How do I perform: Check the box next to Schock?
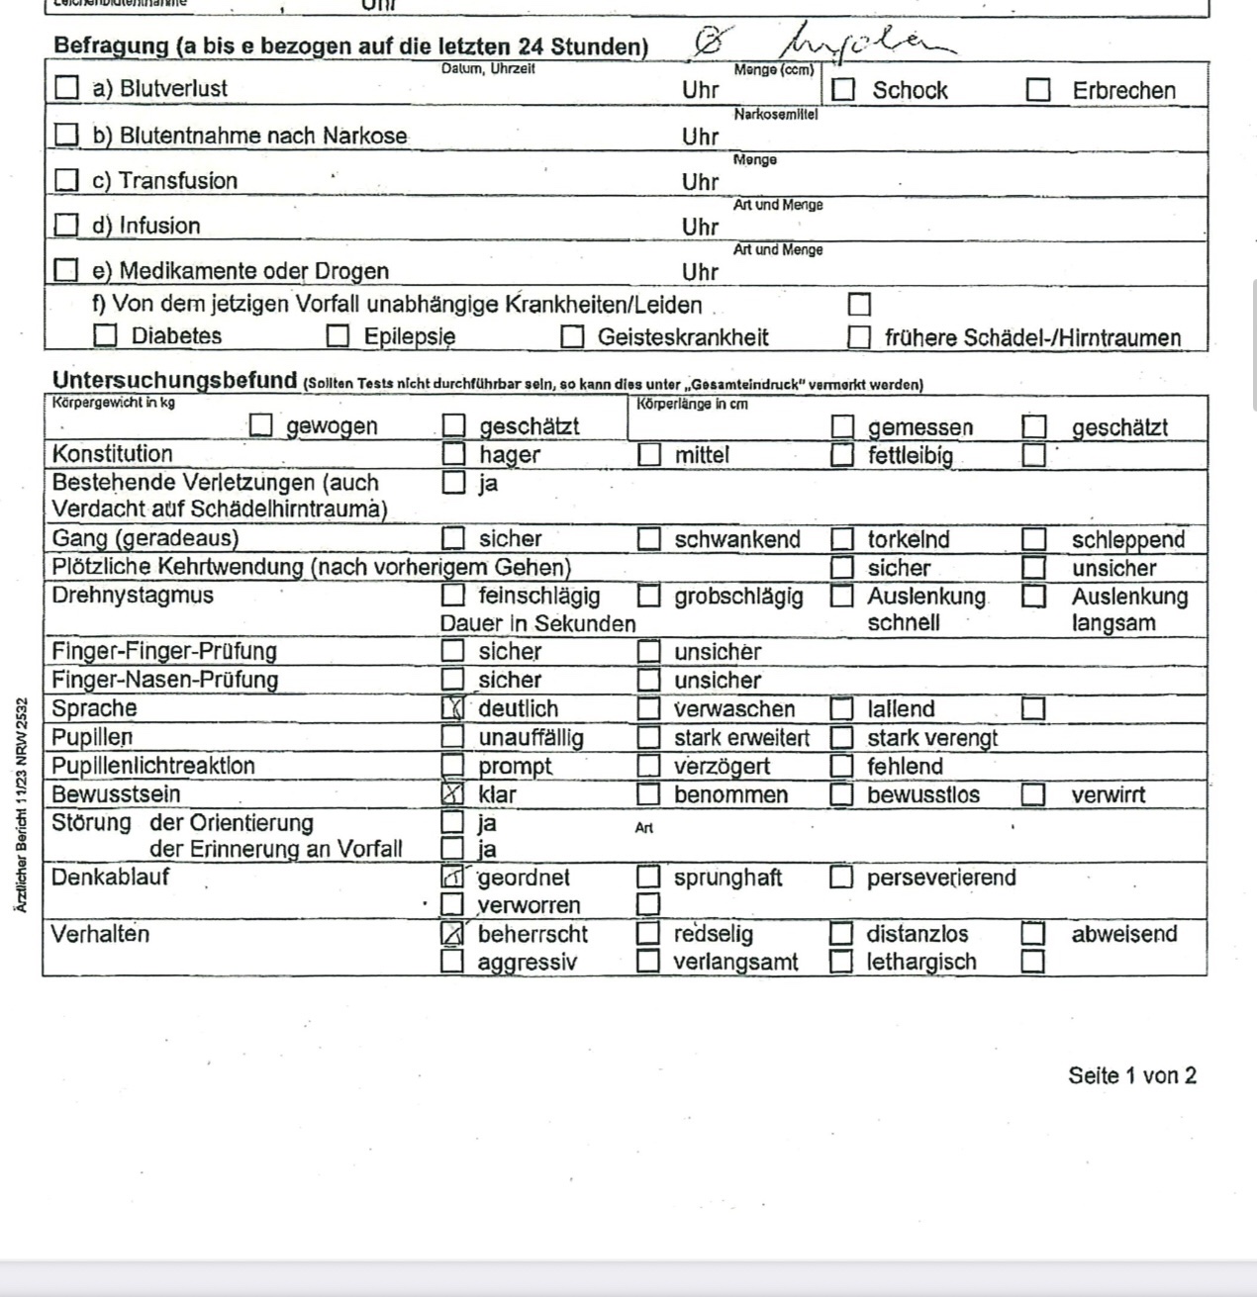point(843,89)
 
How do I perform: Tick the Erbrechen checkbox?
point(1037,89)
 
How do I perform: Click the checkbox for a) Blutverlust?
point(66,87)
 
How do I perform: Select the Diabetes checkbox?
point(105,335)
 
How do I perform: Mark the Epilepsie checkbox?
point(338,335)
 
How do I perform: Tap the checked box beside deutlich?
point(452,707)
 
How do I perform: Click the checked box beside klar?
point(452,793)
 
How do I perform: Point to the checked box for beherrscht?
point(452,933)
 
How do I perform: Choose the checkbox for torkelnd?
point(841,539)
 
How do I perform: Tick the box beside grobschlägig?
point(648,596)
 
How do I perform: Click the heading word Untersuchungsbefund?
point(174,380)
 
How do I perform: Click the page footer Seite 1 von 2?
point(1131,1075)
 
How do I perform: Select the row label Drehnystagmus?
point(133,596)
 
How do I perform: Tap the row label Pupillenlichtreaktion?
point(153,766)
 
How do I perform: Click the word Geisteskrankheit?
point(683,336)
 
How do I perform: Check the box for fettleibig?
point(841,455)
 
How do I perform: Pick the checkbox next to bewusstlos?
point(841,793)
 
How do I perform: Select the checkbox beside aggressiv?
point(452,961)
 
